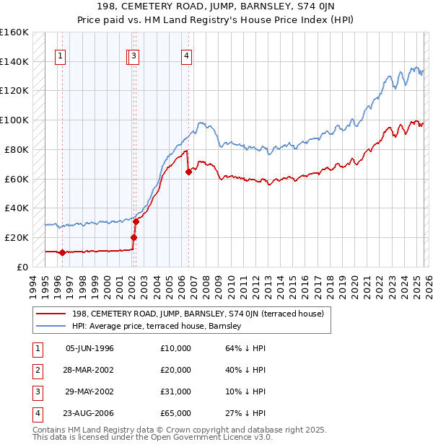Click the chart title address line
click(x=216, y=7)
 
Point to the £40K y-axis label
click(x=16, y=208)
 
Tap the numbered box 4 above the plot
click(x=186, y=57)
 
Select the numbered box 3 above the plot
click(x=135, y=57)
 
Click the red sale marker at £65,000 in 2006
click(x=188, y=172)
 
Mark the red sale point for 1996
click(x=63, y=252)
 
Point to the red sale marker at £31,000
click(x=136, y=221)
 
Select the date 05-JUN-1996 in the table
click(x=89, y=348)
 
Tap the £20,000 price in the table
click(x=176, y=370)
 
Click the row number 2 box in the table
click(x=37, y=370)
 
